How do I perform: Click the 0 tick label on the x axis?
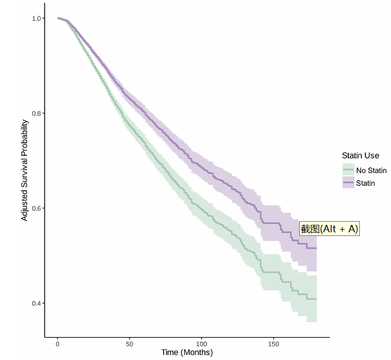[58, 344]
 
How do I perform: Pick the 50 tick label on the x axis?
[129, 344]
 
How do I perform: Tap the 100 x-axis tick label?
[201, 344]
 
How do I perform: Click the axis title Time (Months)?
[187, 353]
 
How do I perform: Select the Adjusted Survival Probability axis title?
[25, 170]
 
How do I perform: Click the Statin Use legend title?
[360, 156]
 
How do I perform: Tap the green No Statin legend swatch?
[348, 170]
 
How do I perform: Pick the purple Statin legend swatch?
[348, 183]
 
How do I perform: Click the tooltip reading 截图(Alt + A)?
[329, 229]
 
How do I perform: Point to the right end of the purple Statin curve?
[316, 248]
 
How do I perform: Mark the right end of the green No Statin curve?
[316, 299]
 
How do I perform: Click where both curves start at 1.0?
[58, 18]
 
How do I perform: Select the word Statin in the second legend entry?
[366, 184]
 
